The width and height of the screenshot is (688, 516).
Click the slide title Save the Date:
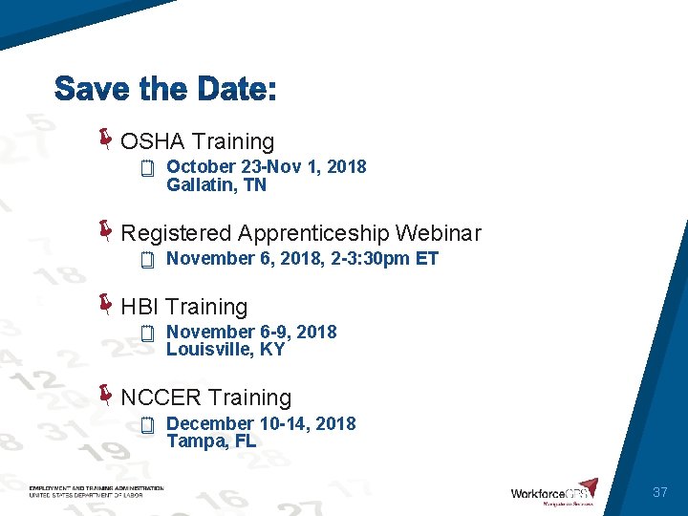tap(165, 91)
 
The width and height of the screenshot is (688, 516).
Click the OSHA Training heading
tap(197, 142)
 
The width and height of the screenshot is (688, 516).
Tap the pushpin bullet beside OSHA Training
tap(106, 140)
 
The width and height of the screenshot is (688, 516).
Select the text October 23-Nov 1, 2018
tap(266, 167)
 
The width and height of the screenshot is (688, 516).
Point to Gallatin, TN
tap(216, 185)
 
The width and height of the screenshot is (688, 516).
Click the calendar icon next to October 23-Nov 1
tap(147, 170)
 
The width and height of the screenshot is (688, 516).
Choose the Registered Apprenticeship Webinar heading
tap(301, 233)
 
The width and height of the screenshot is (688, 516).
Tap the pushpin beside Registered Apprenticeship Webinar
tap(106, 230)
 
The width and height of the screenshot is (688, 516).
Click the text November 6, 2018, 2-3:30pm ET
tap(302, 258)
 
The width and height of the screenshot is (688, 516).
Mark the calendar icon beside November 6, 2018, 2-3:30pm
tap(147, 260)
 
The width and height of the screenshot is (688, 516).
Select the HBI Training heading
tap(183, 307)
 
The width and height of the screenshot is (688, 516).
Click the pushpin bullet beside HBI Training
tap(106, 304)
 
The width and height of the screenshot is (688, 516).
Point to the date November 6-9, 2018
tap(251, 332)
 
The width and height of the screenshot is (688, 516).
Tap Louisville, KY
tap(226, 350)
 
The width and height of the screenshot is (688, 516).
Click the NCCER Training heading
tap(205, 398)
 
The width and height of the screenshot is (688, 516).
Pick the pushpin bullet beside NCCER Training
tap(106, 395)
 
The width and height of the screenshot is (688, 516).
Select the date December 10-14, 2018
tap(261, 423)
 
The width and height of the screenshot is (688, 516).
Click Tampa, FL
tap(211, 441)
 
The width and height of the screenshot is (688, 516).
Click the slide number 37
tap(659, 492)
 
